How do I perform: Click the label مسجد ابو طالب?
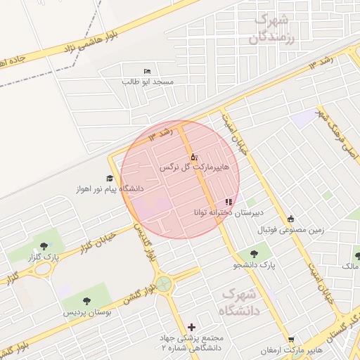[148, 82]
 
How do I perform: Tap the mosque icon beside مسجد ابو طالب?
[147, 71]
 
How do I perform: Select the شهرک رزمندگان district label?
[273, 29]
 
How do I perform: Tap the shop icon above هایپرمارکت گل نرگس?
[194, 157]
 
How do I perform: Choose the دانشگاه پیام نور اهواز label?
[112, 189]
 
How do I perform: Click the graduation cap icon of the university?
[110, 178]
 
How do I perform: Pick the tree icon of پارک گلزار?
[44, 246]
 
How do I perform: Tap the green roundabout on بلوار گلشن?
[164, 284]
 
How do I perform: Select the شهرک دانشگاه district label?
[240, 300]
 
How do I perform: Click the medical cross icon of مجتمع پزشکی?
[192, 327]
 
